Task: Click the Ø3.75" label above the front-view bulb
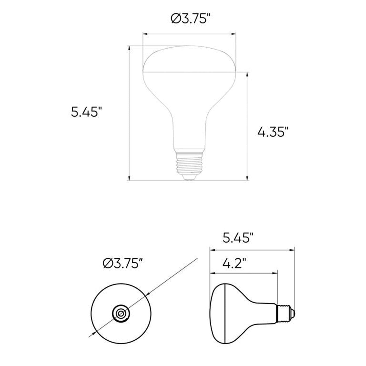[x=191, y=19]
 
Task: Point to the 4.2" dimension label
[x=235, y=263]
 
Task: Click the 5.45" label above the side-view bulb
[x=238, y=238]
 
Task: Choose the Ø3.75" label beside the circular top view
[x=122, y=263]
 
